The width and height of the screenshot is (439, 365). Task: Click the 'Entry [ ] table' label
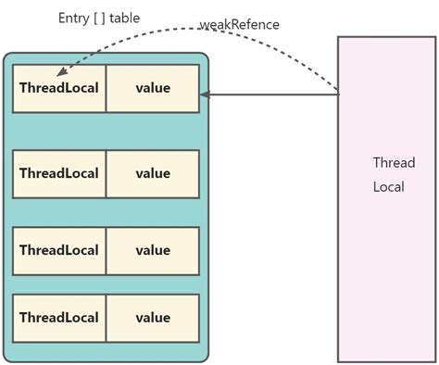click(x=99, y=18)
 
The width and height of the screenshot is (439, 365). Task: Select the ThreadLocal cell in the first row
click(x=59, y=89)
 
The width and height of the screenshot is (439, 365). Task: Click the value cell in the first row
click(x=153, y=89)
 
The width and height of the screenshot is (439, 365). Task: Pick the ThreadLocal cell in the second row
click(x=59, y=173)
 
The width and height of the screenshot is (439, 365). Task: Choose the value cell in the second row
click(x=153, y=173)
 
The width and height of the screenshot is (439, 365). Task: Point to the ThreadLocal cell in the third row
click(x=59, y=250)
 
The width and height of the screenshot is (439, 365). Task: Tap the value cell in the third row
click(x=153, y=250)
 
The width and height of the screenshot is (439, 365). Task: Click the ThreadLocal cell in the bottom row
click(x=59, y=318)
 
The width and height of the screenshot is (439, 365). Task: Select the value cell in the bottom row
click(x=153, y=318)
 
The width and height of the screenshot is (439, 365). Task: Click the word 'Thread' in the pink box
click(x=394, y=162)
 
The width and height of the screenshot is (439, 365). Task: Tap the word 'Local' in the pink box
click(x=390, y=186)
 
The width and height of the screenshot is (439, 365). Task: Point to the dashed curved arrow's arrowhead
click(x=59, y=73)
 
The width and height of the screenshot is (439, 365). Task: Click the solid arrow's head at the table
click(x=205, y=94)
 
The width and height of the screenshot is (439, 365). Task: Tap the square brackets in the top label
click(x=99, y=18)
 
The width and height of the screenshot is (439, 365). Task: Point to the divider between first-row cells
click(x=106, y=89)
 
